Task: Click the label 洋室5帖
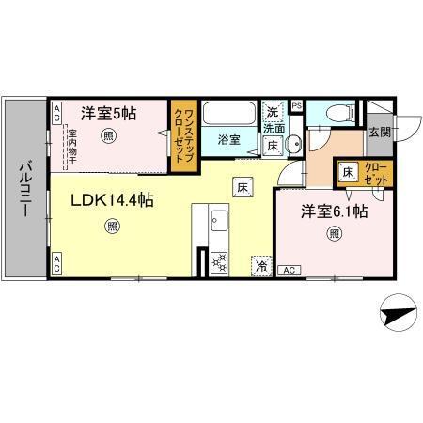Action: pyautogui.click(x=108, y=114)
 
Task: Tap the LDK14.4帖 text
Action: pyautogui.click(x=110, y=199)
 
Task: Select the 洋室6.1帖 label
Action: pyautogui.click(x=334, y=212)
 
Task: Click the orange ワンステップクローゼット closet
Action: pyautogui.click(x=182, y=136)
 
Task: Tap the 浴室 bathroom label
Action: pyautogui.click(x=230, y=139)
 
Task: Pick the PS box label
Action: pyautogui.click(x=297, y=106)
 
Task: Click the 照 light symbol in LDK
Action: pyautogui.click(x=113, y=225)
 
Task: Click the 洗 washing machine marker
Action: pyautogui.click(x=273, y=110)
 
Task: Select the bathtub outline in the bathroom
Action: pyautogui.click(x=229, y=115)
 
